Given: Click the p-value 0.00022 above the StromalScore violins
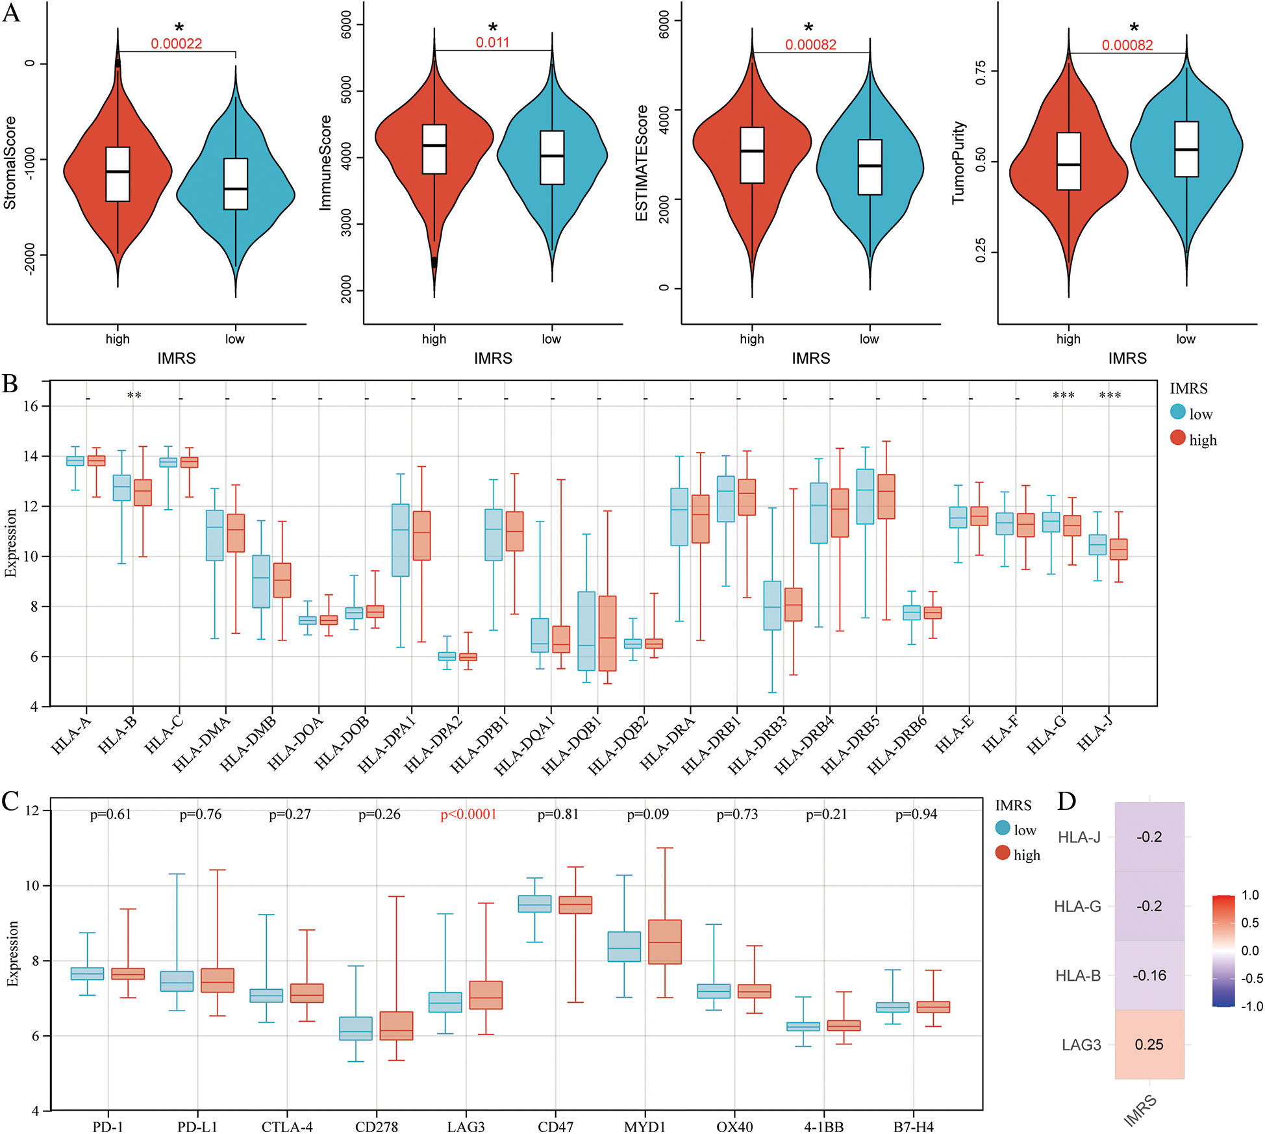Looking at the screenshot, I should point(177,44).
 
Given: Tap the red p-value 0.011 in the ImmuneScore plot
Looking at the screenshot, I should point(492,43).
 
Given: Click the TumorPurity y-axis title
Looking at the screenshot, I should point(958,162).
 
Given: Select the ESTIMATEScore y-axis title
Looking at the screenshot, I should point(642,162).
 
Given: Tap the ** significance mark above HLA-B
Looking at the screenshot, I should point(134,396).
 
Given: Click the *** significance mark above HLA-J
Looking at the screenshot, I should point(1110,396).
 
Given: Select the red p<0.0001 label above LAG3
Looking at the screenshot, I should point(468,814).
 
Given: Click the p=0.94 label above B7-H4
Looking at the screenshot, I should point(916,814).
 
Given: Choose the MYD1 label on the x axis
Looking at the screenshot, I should point(645,1126).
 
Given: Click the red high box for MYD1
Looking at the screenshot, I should point(665,942).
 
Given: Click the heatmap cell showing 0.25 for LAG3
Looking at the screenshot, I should point(1149,1044).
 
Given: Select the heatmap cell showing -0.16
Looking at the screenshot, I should point(1149,975).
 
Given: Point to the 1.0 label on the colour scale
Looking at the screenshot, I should point(1250,895).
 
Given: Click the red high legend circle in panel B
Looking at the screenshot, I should point(1178,438).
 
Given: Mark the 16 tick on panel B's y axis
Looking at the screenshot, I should point(31,407).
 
